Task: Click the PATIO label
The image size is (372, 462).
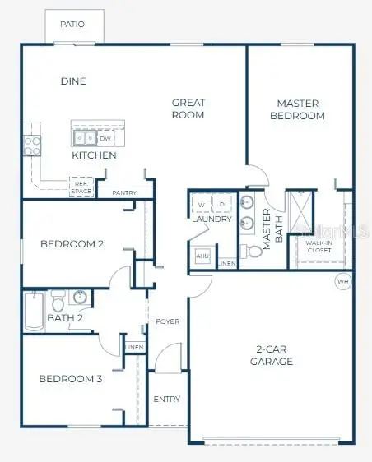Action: [x=72, y=25]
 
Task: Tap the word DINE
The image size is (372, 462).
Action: [x=73, y=81]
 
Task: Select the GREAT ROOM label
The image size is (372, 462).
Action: [x=188, y=109]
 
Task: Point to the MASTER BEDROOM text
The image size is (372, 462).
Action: [x=298, y=109]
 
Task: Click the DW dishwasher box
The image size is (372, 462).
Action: [x=105, y=139]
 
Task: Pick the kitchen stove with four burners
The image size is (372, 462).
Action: [x=32, y=146]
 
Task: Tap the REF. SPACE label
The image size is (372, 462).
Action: [x=81, y=188]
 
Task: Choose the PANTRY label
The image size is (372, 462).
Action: [x=124, y=193]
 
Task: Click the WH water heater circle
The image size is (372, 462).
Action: [x=342, y=282]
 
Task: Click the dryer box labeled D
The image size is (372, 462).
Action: [x=222, y=204]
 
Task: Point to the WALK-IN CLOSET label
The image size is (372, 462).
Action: [x=318, y=247]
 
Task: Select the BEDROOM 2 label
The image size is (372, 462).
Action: [x=72, y=244]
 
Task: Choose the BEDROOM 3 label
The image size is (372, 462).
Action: [x=71, y=379]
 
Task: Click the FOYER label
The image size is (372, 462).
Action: [x=168, y=321]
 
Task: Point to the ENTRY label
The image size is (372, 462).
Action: [x=167, y=400]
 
